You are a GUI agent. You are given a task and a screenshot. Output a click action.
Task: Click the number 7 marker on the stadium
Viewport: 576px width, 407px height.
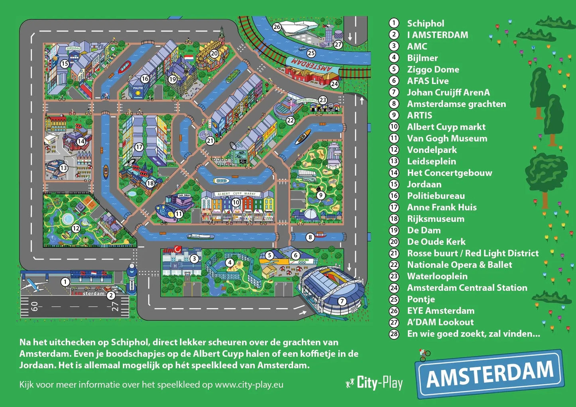(x=342, y=301)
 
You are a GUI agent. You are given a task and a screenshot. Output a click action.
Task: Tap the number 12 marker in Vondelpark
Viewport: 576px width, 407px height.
(x=76, y=228)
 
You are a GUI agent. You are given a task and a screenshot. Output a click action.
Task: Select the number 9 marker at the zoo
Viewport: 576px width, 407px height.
(x=320, y=195)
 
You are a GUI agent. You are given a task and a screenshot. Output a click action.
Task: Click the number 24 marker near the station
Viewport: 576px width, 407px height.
(x=334, y=84)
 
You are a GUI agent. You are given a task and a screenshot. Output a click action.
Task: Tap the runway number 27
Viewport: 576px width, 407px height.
(x=115, y=306)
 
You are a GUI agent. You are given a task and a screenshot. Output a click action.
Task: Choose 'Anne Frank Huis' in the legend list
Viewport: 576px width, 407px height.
(x=441, y=207)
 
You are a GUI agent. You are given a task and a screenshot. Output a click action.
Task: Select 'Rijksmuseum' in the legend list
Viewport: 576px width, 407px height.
(x=435, y=219)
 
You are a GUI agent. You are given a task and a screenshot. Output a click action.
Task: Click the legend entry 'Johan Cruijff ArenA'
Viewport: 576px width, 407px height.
(x=448, y=92)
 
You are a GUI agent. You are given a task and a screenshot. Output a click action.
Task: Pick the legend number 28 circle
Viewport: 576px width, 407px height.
(x=394, y=334)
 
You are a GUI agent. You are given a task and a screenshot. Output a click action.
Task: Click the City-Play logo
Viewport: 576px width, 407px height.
(x=374, y=383)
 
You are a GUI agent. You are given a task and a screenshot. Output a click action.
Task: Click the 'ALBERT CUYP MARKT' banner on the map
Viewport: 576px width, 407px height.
(x=237, y=194)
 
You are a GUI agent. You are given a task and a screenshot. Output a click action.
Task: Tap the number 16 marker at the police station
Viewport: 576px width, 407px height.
(x=145, y=79)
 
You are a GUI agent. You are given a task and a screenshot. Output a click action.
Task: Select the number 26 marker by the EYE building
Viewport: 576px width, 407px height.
(x=277, y=27)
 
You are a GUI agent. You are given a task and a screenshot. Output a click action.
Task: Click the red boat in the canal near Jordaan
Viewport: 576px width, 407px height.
(x=124, y=67)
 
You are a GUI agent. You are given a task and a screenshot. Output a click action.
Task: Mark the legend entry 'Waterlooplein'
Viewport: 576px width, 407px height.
(x=437, y=276)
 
